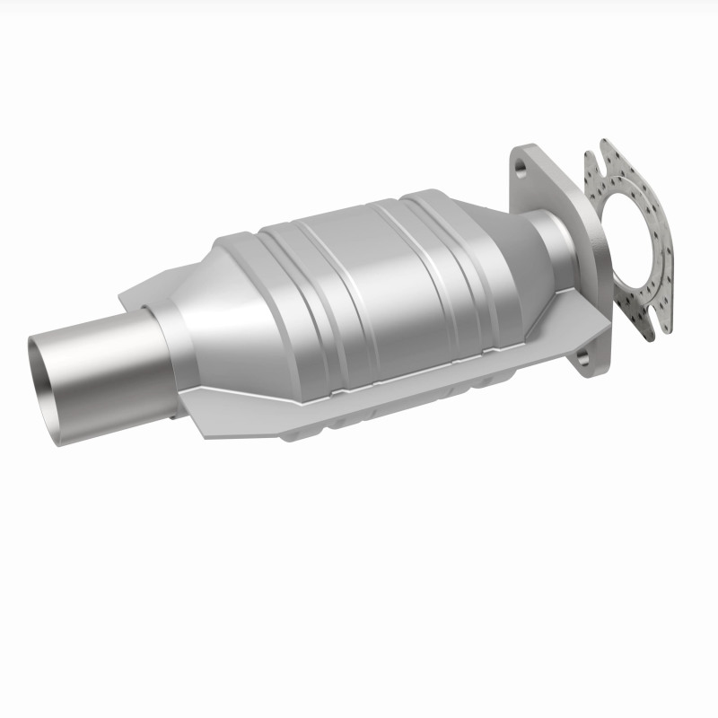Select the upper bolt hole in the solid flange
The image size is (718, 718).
(522, 166)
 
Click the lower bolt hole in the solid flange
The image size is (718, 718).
(582, 360)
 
